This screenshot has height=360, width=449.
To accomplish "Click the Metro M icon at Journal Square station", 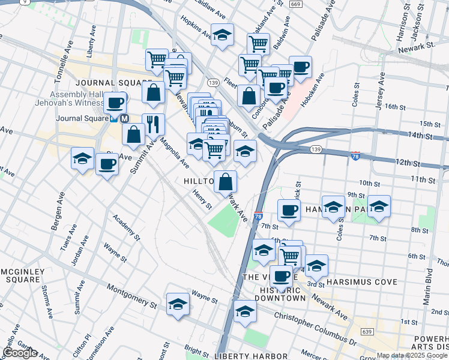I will (125, 119).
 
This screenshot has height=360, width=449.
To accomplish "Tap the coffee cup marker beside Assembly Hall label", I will (114, 103).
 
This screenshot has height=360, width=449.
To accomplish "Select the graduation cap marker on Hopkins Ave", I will (222, 35).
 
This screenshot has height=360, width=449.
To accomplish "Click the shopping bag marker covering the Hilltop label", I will (225, 182).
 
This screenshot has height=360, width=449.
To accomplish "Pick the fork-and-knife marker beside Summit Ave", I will (153, 125).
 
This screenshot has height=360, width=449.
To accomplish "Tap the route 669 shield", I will (294, 4).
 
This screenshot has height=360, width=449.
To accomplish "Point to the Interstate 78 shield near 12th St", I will (356, 156).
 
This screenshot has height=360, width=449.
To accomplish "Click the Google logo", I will (19, 353).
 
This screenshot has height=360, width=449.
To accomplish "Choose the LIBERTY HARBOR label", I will (244, 356).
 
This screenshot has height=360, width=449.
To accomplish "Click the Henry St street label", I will (202, 200).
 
